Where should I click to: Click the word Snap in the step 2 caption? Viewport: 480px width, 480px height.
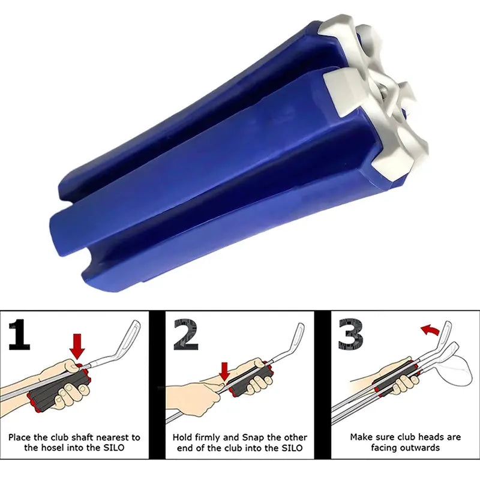(x=251, y=437)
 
